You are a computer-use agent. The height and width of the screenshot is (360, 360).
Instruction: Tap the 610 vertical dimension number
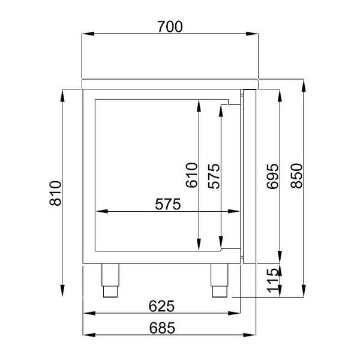coord(191,175)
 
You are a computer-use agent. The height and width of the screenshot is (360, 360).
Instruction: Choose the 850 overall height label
coord(295,176)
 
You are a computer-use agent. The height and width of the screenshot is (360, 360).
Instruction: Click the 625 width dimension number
coord(161,306)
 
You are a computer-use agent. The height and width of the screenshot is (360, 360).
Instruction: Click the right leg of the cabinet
coord(220,280)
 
